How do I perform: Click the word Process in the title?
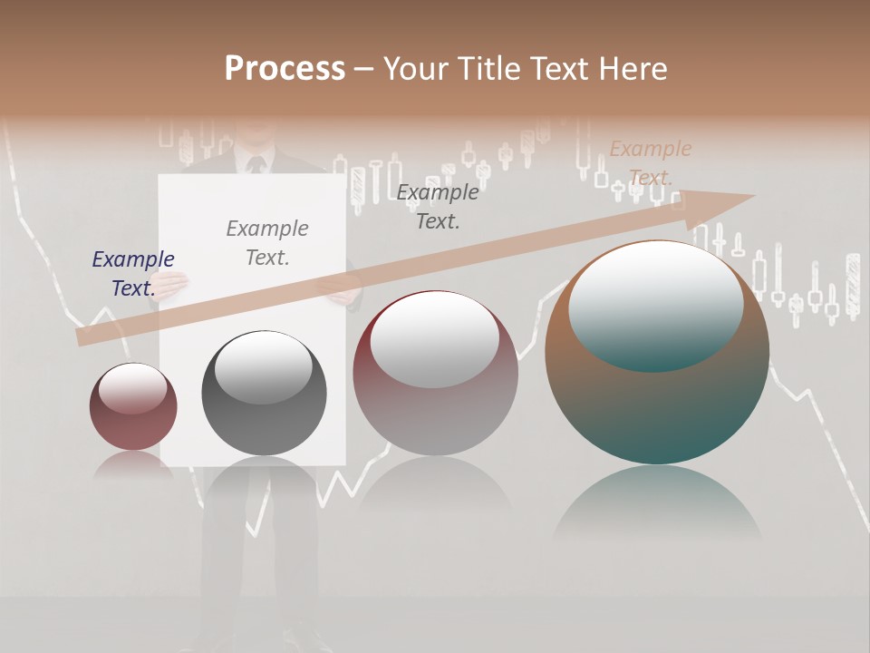285,69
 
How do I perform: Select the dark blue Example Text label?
132,273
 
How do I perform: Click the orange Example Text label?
650,162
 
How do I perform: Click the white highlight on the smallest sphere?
132,388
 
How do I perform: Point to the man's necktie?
256,165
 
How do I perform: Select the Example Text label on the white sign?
266,242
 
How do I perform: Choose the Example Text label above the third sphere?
437,206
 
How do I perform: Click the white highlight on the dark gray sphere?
263,367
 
